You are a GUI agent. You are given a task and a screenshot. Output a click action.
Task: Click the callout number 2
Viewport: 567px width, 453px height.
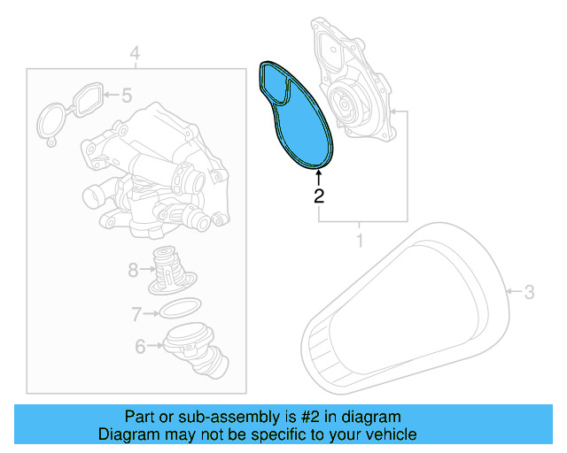point(318,196)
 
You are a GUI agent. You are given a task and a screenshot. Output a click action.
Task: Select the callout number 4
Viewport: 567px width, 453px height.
point(135,56)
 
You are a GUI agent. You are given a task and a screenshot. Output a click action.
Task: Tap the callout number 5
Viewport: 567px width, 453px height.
point(126,94)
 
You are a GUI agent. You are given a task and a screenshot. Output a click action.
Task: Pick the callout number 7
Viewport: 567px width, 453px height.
point(136,313)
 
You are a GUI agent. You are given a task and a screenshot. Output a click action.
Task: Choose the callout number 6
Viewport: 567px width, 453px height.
point(140,347)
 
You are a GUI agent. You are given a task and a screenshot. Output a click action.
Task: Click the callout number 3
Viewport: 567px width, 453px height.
point(529,291)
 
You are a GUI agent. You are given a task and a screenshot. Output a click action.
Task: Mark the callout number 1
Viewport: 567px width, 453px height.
point(360,240)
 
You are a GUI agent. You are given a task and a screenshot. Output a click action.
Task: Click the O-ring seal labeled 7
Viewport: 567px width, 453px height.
point(177,310)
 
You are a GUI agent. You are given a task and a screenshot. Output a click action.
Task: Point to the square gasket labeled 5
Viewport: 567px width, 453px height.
point(85,98)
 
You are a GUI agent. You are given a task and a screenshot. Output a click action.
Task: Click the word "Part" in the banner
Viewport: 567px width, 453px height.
point(139,417)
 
